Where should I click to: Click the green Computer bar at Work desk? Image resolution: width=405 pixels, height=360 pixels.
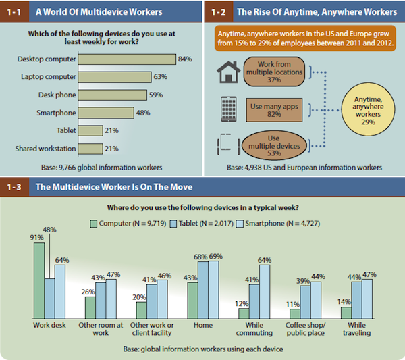coord(39,280)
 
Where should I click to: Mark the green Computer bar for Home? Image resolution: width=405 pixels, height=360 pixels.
coord(192,301)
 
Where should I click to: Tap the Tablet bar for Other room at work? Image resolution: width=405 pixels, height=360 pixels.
coord(101,300)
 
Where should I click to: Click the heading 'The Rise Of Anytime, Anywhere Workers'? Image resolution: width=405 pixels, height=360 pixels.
coord(314,11)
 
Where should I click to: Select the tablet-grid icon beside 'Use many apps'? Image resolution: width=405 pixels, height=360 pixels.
coord(228,107)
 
